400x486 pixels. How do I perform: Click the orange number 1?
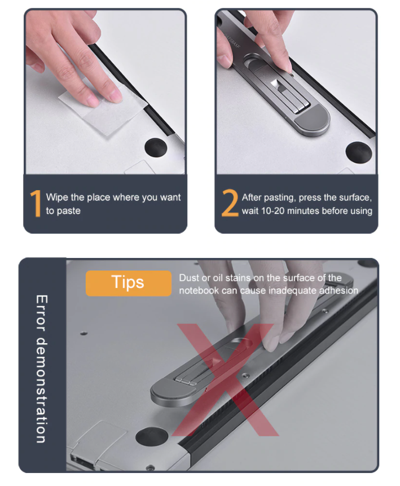click(x=36, y=203)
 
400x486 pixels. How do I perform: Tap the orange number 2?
click(x=230, y=203)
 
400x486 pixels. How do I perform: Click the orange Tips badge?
click(x=128, y=283)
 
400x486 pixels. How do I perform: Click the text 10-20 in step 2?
click(x=272, y=211)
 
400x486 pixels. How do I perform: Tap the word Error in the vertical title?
click(x=42, y=313)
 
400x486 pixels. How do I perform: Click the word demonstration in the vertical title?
click(x=42, y=390)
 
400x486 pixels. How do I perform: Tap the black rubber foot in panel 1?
click(x=156, y=147)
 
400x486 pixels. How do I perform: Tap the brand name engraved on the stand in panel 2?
click(x=232, y=41)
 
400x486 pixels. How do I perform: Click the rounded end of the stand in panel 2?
click(x=311, y=121)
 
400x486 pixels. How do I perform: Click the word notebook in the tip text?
click(x=199, y=291)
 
